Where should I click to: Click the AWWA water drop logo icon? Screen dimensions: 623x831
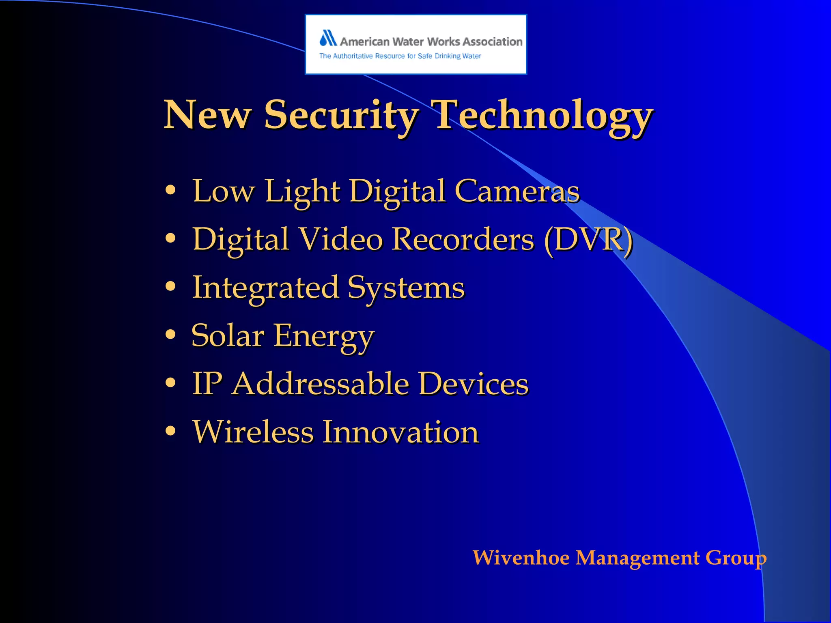coord(328,38)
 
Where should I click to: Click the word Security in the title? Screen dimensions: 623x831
coord(341,115)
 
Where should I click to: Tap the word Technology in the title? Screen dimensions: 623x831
coord(542,115)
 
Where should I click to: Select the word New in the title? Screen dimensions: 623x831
coord(207,115)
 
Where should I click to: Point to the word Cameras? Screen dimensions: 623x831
coord(517,191)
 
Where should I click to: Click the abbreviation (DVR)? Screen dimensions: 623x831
coord(588,240)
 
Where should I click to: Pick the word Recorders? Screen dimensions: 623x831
coord(463,240)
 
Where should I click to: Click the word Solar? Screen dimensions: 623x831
coord(228,336)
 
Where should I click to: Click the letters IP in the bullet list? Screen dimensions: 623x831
coord(207,384)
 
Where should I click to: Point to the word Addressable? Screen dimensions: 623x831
coord(321,384)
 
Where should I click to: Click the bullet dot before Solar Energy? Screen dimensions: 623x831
coord(171,335)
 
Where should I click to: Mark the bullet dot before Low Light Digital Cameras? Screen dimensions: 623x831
coord(171,190)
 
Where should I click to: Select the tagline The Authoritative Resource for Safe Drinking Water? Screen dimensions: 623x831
coord(400,56)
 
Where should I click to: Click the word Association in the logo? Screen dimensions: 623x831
coord(493,41)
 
